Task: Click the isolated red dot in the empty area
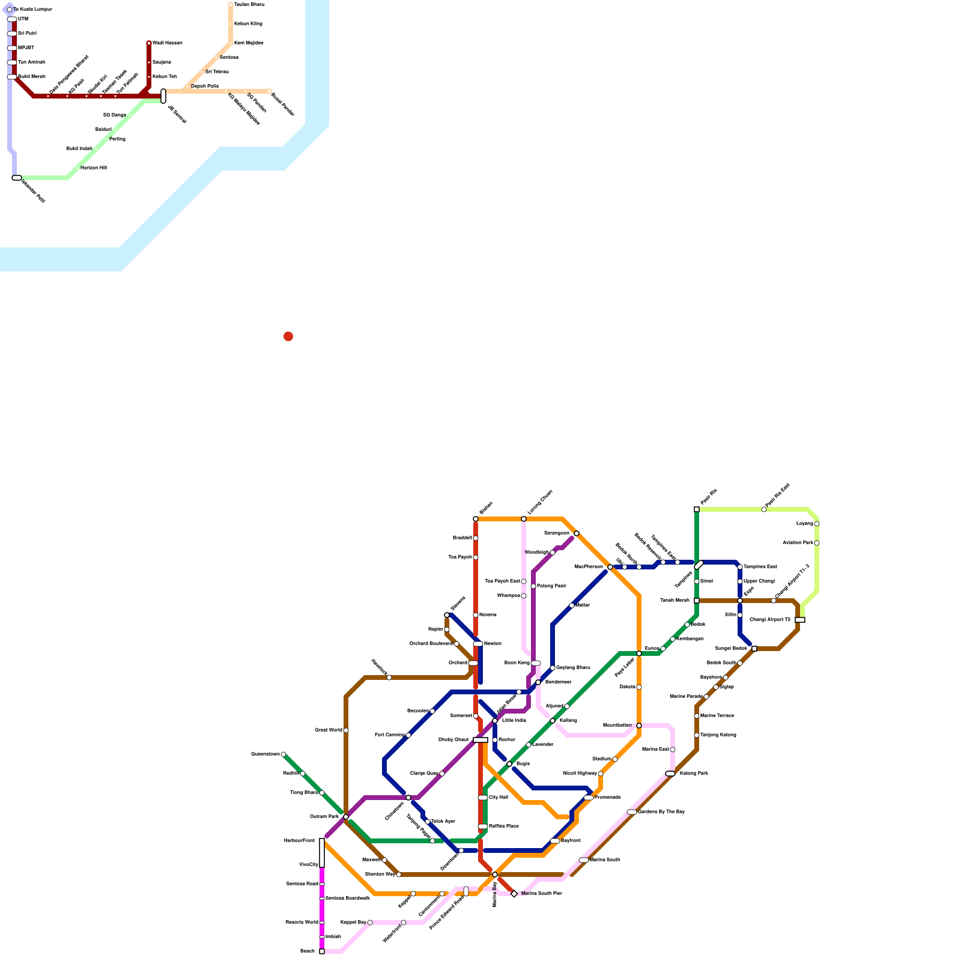tap(288, 336)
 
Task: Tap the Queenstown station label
tap(265, 754)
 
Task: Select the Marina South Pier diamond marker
tap(514, 894)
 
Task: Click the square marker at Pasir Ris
tap(697, 509)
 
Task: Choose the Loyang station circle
tap(817, 524)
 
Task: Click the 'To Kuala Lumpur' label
tap(32, 10)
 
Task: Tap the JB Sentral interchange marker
tap(163, 96)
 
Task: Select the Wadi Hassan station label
tap(167, 43)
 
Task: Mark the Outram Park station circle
tap(346, 817)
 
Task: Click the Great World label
tap(328, 730)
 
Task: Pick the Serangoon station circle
tap(577, 533)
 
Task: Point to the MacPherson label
tap(589, 566)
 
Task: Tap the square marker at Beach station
tap(322, 951)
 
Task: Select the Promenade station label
tap(607, 797)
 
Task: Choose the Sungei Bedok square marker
tap(754, 649)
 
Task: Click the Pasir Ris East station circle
tap(764, 509)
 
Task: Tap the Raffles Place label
tap(503, 826)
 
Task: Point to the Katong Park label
tap(694, 773)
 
